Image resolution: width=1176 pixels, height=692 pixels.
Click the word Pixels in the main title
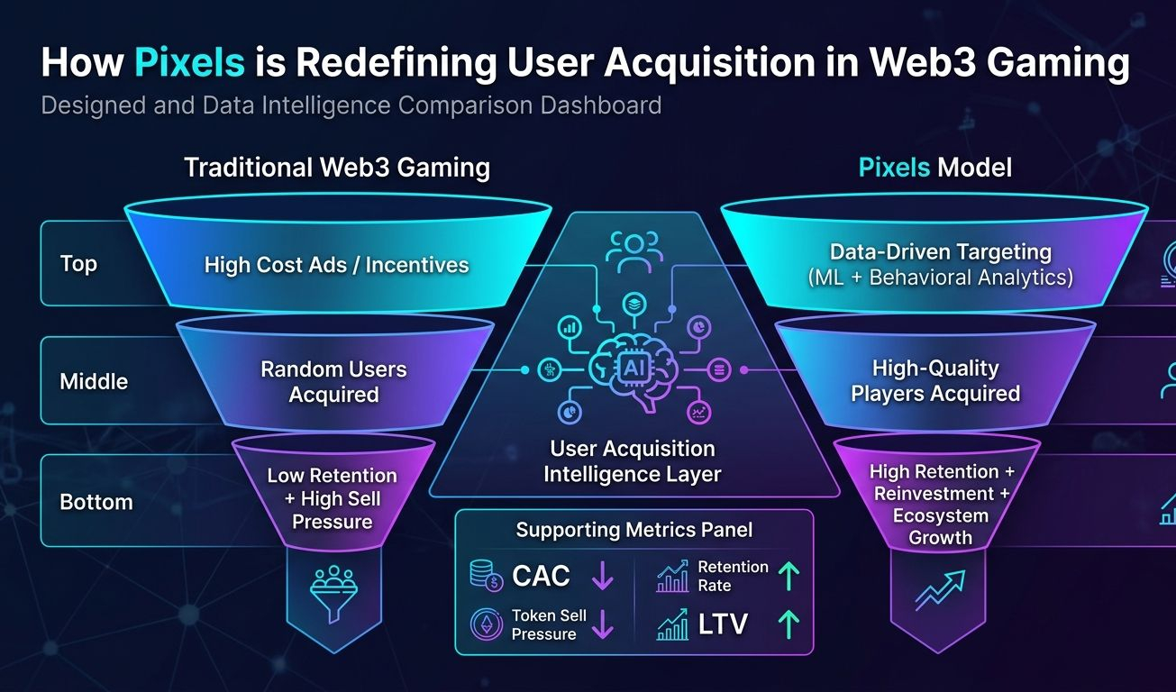coord(189,64)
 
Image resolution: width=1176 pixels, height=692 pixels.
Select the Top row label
coord(78,264)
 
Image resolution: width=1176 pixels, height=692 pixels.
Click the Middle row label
coord(94,381)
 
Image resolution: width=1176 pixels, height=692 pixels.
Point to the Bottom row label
coord(96,502)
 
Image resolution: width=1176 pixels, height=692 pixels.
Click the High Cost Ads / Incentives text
coord(336,265)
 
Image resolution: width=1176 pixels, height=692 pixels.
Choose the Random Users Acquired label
coord(333,381)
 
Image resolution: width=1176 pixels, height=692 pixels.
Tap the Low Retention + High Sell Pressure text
coord(332,498)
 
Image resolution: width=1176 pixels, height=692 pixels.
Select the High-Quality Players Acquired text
coord(935,380)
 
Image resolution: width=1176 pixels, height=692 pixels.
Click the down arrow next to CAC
coord(602,577)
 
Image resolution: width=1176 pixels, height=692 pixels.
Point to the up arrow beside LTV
coord(789,624)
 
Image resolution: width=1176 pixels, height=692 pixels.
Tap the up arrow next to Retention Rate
coord(789,576)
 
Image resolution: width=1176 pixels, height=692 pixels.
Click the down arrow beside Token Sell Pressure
coord(602,624)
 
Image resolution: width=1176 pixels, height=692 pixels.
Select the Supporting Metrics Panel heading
coord(634,530)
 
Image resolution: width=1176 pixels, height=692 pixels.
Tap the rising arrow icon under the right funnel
coord(940,590)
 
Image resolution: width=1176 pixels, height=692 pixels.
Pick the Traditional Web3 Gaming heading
coord(336,168)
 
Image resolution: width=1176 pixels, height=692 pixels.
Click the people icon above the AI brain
coord(634,251)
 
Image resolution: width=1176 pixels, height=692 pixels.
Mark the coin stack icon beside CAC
coord(487,576)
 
